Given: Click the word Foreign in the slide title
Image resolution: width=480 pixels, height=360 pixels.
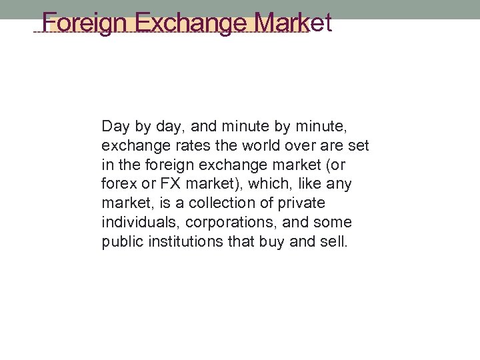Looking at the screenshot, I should click(x=85, y=23).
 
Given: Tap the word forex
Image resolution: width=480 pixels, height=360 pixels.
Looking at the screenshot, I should click(x=117, y=183).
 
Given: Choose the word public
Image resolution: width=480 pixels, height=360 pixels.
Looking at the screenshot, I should click(x=119, y=241).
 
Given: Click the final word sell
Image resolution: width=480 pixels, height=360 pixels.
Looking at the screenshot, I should click(x=333, y=241).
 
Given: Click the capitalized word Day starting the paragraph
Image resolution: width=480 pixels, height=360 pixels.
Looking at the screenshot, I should click(x=113, y=125).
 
